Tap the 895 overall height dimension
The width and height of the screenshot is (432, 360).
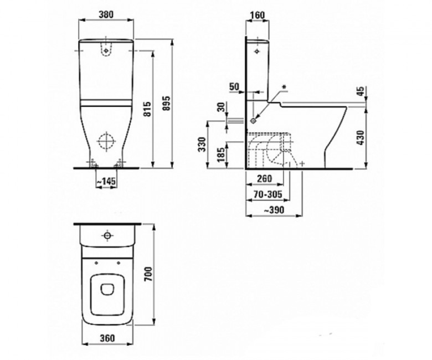click(165, 102)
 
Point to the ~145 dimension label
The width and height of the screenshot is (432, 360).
click(106, 182)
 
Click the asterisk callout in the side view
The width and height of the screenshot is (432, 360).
click(285, 87)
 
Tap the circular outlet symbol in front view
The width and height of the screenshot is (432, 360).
click(106, 143)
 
